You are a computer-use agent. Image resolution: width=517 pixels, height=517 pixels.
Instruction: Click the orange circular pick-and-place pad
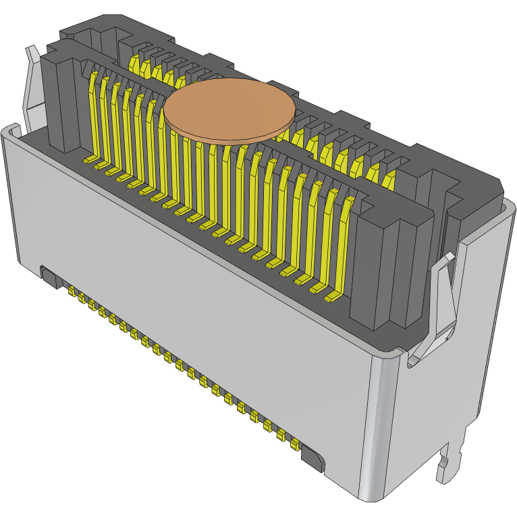[x=230, y=110]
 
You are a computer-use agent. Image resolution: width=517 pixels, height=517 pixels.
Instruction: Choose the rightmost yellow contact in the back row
[x=389, y=179]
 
